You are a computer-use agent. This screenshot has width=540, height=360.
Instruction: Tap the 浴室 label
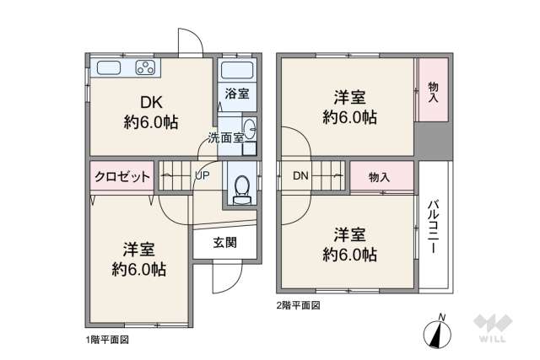tap(237, 94)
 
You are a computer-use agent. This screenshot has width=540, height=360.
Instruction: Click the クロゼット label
tap(122, 176)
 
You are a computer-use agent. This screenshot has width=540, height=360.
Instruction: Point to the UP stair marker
tap(202, 176)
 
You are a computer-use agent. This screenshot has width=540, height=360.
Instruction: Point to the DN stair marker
tap(301, 176)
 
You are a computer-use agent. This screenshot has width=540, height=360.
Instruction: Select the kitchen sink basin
tap(112, 69)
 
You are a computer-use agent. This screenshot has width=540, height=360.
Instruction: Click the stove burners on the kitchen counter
tap(145, 69)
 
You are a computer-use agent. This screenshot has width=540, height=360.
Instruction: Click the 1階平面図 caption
tap(106, 340)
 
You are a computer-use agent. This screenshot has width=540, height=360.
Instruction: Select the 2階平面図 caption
tap(299, 305)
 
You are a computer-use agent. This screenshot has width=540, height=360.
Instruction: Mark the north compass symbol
tap(438, 332)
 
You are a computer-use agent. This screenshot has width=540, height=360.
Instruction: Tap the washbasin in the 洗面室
tap(251, 129)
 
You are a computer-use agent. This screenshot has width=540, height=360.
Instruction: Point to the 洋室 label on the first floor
tap(139, 250)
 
